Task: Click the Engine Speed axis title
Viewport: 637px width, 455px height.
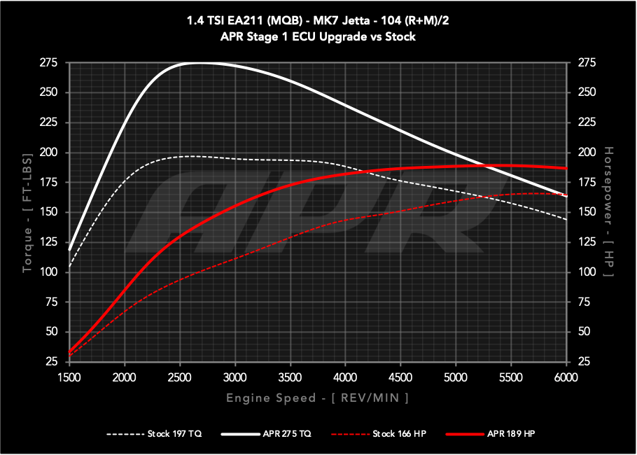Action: pos(317,398)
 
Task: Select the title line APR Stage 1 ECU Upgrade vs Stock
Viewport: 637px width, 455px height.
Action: pos(318,36)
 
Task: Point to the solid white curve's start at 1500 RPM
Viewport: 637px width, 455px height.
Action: pos(69,249)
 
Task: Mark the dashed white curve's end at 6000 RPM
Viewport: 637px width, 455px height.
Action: pos(566,220)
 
